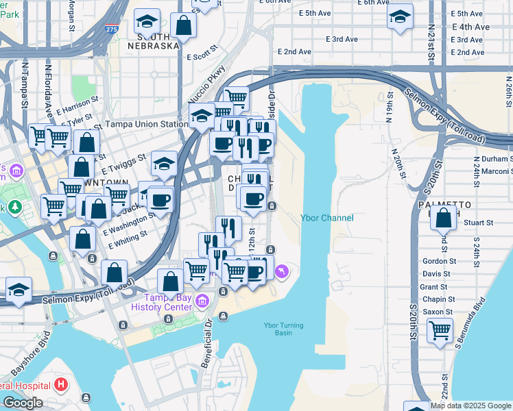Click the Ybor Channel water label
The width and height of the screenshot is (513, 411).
(327, 218)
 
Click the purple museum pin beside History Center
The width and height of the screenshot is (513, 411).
(202, 301)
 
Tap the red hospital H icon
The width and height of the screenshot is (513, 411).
(62, 384)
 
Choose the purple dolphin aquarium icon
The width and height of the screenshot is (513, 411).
(282, 273)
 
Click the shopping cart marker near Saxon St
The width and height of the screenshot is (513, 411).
(440, 331)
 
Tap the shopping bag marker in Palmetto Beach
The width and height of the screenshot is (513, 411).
(444, 218)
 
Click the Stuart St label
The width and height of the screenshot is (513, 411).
(479, 223)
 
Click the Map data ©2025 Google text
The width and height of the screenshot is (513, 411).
(470, 406)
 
